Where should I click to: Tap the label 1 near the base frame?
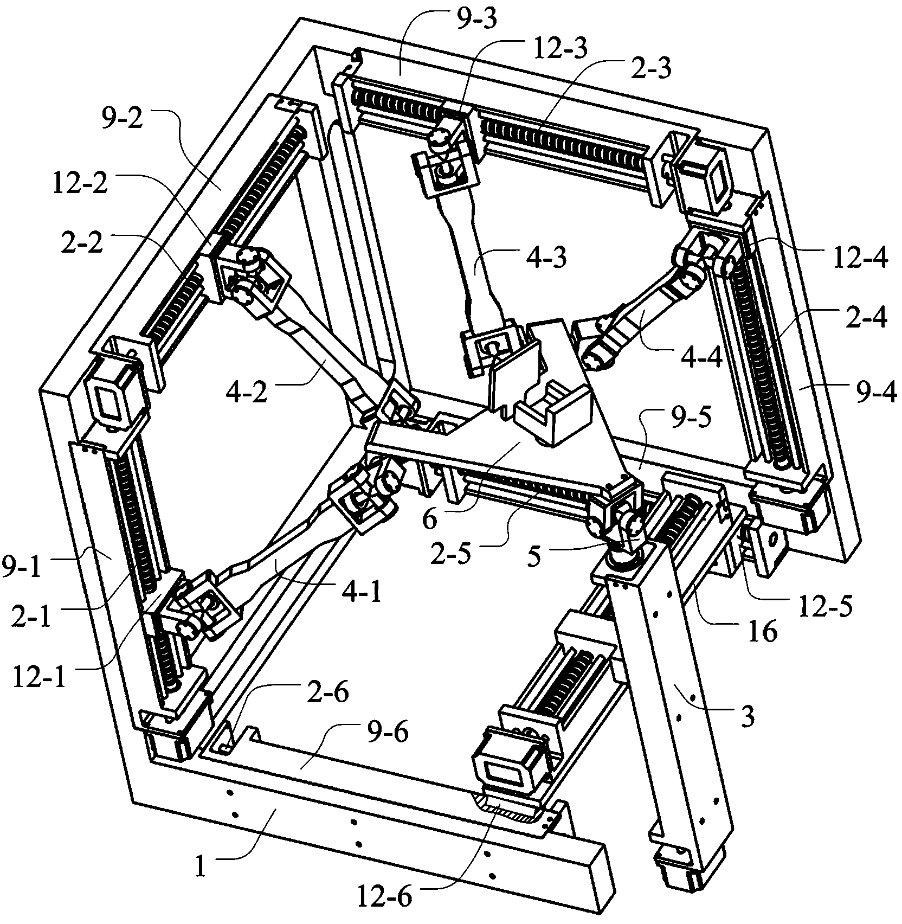point(201,867)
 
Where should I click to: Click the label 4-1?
point(359,592)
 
